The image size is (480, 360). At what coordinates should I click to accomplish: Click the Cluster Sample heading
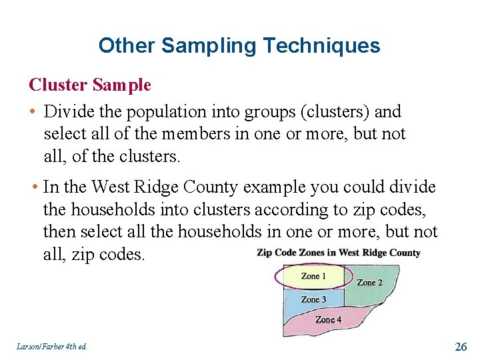tap(90, 85)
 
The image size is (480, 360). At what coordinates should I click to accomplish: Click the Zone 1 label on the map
tap(313, 276)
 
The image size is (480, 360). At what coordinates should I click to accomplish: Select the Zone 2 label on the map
tap(369, 283)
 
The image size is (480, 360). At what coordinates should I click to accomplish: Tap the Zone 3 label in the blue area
tap(313, 300)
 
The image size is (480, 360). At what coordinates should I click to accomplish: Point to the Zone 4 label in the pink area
tap(328, 320)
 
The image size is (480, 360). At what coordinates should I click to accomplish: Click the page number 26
tap(460, 346)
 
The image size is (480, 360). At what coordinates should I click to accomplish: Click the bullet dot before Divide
tap(33, 112)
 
